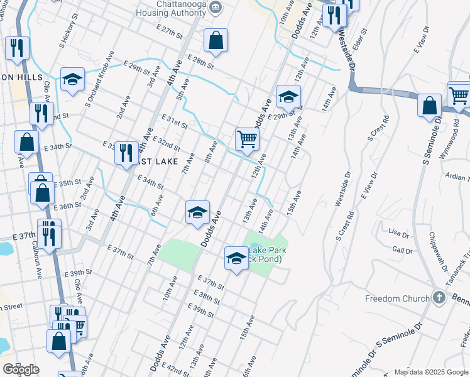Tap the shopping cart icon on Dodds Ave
pos(247,139)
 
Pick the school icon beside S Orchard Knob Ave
pos(72,79)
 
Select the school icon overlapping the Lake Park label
pos(236,257)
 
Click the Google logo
pos(21,369)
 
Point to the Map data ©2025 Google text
pos(430,372)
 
